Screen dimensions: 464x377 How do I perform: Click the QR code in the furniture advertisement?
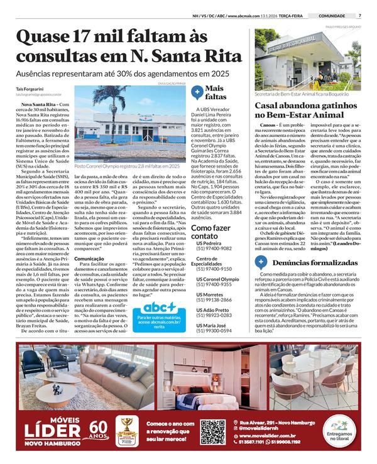point(213,431)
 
